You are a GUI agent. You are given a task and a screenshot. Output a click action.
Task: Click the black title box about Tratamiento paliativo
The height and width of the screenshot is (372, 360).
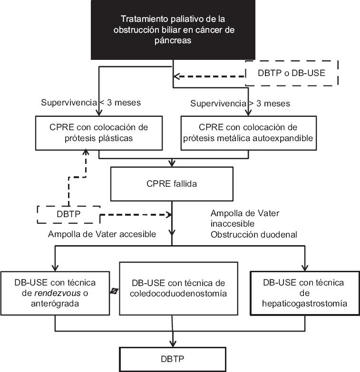pos(172,30)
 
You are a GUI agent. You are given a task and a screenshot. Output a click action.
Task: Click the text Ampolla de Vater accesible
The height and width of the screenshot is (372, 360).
pos(102,234)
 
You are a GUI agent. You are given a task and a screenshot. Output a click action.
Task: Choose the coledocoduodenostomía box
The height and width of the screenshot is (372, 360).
pos(178,288)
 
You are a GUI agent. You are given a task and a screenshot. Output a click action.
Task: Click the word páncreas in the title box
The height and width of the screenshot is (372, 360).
pos(172,41)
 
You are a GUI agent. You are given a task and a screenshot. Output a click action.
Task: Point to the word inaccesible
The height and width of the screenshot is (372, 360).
pos(226,223)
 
